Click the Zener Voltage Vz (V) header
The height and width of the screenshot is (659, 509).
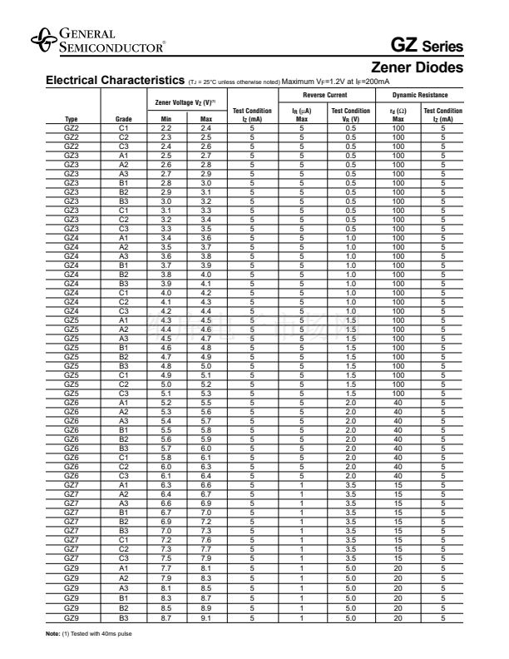click(x=185, y=102)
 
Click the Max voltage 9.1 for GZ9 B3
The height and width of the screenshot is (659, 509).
click(x=206, y=618)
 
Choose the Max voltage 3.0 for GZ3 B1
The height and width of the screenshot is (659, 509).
click(x=206, y=183)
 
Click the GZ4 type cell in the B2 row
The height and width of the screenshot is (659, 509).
click(x=72, y=274)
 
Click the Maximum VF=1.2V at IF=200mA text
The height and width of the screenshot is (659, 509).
click(x=336, y=81)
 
